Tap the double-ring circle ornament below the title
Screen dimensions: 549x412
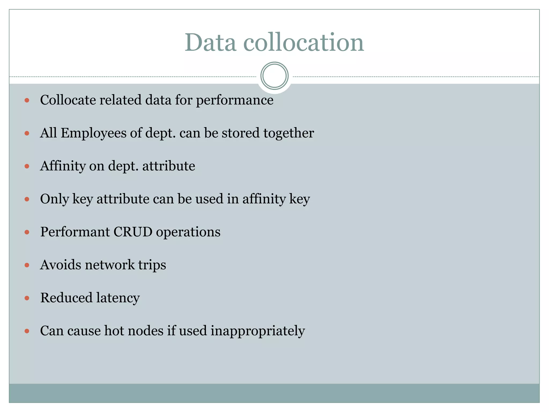tap(274, 76)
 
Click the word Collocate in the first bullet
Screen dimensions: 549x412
tap(68, 100)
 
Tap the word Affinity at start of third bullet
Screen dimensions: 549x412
tap(63, 166)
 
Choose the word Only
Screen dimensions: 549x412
tap(54, 199)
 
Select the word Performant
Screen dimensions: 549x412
tap(75, 232)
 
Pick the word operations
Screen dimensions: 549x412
tap(188, 232)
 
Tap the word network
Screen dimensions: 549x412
tap(110, 265)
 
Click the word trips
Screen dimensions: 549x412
tap(152, 265)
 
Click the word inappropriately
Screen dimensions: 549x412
tap(258, 331)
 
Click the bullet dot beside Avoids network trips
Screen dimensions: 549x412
tap(27, 265)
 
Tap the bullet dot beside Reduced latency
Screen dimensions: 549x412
tap(27, 298)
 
